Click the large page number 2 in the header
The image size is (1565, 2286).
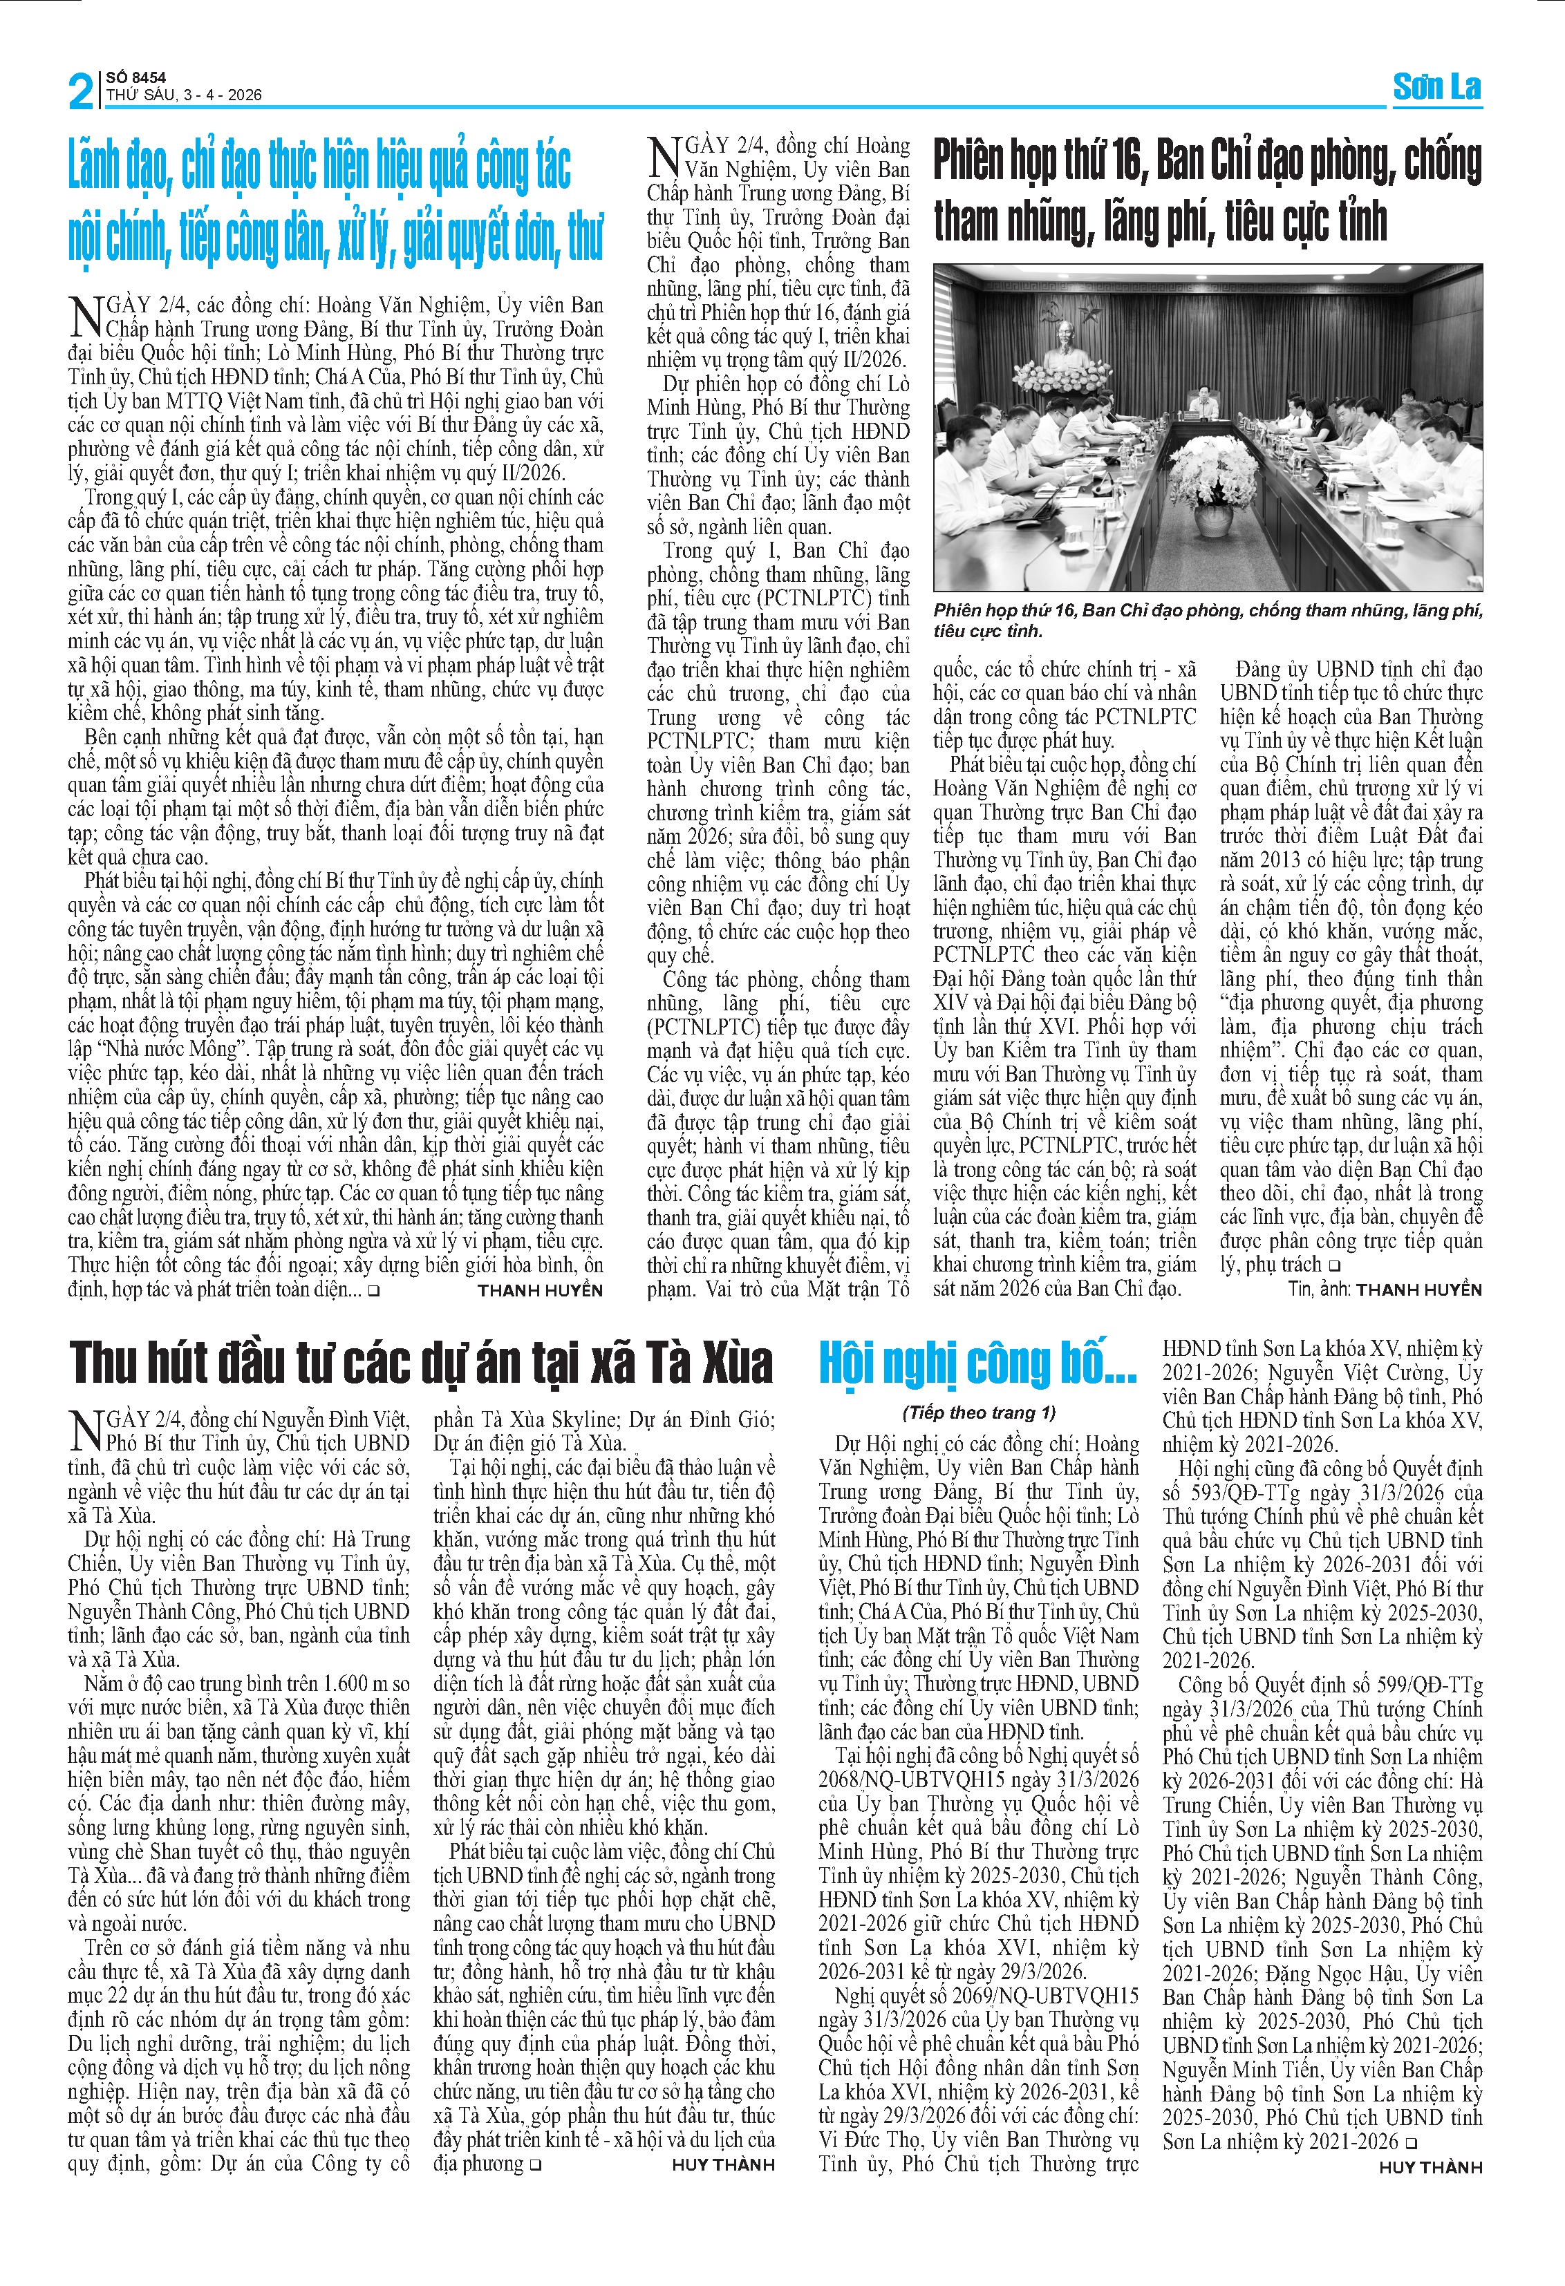point(82,91)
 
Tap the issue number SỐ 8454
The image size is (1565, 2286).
point(135,77)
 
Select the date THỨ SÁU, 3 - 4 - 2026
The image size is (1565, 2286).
point(184,95)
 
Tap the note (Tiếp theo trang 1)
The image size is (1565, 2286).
point(979,1413)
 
